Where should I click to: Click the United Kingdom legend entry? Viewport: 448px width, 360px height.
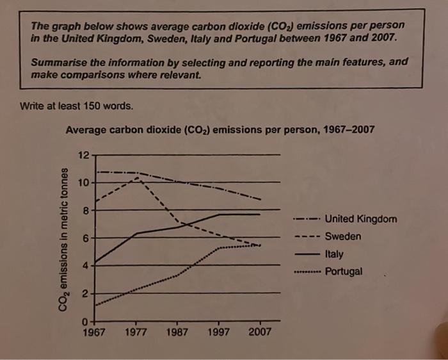pos(360,219)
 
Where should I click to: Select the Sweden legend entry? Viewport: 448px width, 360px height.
pos(343,236)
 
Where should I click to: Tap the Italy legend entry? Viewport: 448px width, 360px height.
pos(334,254)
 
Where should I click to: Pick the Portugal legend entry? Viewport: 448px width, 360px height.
pos(344,271)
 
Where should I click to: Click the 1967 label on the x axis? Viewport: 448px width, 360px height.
pos(95,332)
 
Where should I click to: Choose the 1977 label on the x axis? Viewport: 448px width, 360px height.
pos(136,332)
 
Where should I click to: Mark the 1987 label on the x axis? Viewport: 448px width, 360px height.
pos(177,332)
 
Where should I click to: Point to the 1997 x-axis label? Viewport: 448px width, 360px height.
pos(218,332)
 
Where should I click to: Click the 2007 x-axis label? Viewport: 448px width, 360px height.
pos(259,332)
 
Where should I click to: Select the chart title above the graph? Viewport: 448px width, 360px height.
pos(220,130)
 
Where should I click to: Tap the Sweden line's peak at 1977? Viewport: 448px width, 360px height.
pos(138,178)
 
